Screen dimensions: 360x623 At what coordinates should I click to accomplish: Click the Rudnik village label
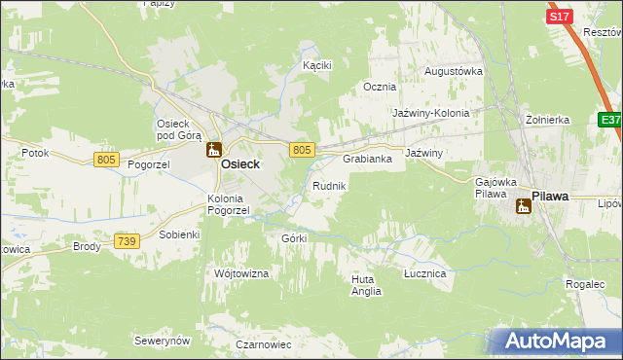pos(328,185)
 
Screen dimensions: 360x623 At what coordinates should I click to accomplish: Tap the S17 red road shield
pos(559,17)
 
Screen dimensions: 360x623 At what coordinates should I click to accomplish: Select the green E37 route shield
pos(610,119)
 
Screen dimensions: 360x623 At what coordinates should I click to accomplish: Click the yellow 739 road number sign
pos(126,240)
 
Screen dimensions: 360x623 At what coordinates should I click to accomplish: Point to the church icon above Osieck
pos(213,150)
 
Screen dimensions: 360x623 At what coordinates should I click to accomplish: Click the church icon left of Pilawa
pos(523,205)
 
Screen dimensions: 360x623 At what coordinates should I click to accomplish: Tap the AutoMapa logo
pos(555,341)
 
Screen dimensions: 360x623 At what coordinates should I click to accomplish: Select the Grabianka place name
pos(367,159)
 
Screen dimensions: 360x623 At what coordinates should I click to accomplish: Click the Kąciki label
pos(317,65)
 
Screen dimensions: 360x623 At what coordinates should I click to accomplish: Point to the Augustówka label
pos(454,72)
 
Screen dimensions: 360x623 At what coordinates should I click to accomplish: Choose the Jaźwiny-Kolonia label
pos(430,113)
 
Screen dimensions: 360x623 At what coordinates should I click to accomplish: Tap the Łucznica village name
pos(424,274)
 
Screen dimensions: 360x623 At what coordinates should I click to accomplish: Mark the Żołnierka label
pos(546,120)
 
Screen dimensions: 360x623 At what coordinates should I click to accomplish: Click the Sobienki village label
pos(179,234)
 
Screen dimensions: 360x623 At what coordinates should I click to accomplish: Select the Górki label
pos(293,238)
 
